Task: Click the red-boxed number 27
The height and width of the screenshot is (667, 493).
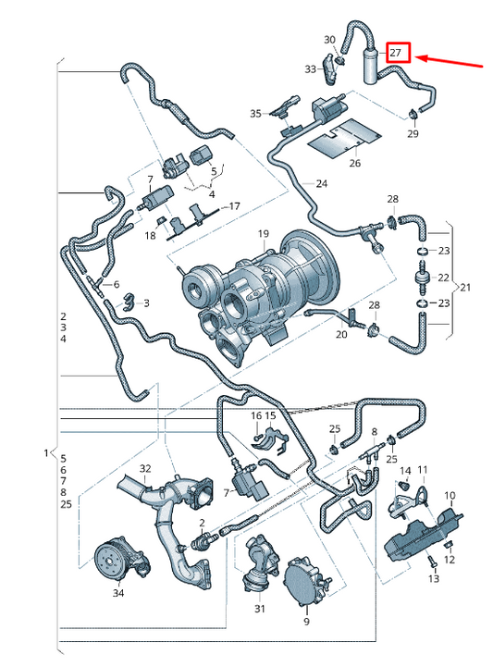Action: pos(396,53)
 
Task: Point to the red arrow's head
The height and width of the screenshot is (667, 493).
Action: pos(417,58)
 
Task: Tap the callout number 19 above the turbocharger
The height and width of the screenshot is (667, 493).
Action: pos(264,233)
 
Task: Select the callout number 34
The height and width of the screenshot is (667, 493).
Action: pos(118,593)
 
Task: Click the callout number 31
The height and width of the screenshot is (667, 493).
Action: pos(260,609)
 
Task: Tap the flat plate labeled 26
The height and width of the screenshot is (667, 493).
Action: pos(345,138)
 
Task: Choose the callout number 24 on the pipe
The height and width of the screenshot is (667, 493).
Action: pos(322,184)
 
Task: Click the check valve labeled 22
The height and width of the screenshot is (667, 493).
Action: pos(422,277)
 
